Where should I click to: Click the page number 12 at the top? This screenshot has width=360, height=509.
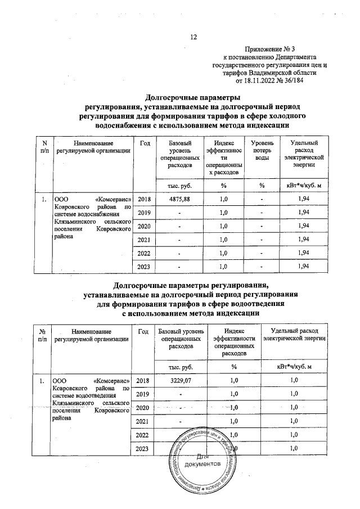click(x=194, y=37)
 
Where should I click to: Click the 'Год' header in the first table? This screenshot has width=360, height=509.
click(x=145, y=144)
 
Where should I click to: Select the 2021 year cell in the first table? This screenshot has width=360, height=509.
click(x=145, y=241)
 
